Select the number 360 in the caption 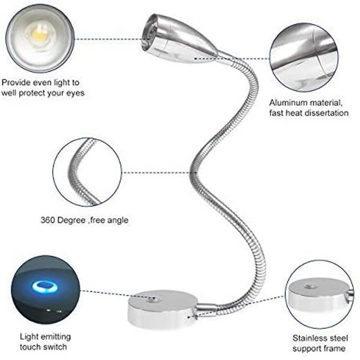[x=48, y=220]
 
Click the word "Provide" [x=16, y=82]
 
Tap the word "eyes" [x=75, y=93]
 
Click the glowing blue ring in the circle [x=45, y=287]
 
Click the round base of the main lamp [x=163, y=309]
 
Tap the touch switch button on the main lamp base [x=153, y=298]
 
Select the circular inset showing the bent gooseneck [x=87, y=172]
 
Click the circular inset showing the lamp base [x=319, y=294]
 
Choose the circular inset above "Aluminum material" [x=305, y=57]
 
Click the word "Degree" [x=71, y=220]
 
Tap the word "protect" [x=32, y=93]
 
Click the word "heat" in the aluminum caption [x=293, y=113]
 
